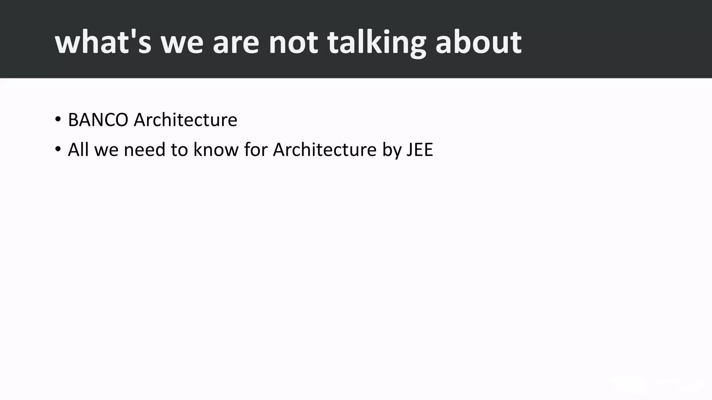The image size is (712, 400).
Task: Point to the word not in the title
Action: click(293, 42)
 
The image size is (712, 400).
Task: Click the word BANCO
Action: click(98, 120)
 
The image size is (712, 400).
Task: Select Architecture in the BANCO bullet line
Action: click(185, 120)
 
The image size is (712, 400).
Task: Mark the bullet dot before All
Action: click(58, 150)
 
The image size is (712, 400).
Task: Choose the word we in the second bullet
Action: click(106, 150)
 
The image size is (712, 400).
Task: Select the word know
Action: click(216, 150)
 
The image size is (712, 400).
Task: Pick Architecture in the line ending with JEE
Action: click(325, 150)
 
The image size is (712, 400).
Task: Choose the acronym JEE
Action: click(420, 150)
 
